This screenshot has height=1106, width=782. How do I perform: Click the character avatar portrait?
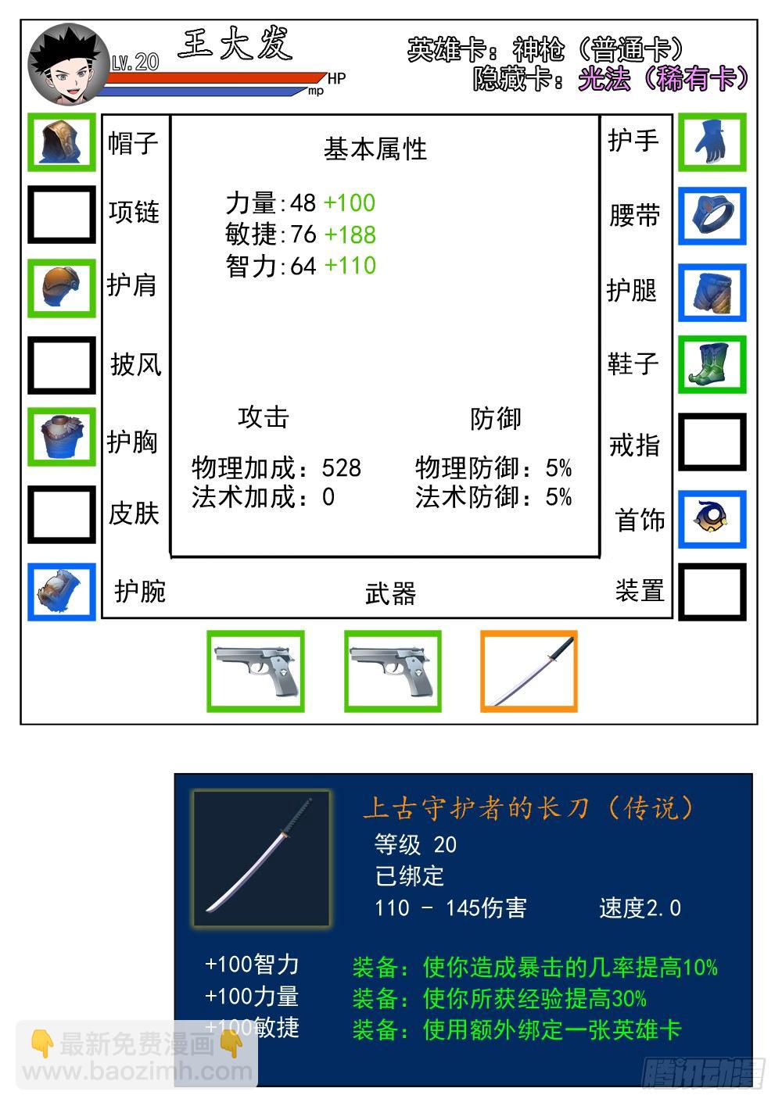69,66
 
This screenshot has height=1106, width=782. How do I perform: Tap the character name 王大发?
235,45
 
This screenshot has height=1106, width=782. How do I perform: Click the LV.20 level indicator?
135,63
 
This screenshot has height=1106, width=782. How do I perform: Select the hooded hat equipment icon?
62,142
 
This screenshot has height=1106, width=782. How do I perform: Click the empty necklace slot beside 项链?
62,214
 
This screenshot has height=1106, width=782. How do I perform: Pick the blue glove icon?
712,141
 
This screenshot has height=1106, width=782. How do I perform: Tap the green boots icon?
712,365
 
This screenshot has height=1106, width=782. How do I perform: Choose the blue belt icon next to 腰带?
712,216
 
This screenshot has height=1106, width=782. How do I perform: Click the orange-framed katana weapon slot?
529,671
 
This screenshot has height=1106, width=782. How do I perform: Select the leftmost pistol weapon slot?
255,671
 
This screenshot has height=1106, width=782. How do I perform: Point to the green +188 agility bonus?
350,234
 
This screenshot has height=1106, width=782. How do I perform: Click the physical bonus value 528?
341,467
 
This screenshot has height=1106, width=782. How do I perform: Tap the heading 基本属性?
375,149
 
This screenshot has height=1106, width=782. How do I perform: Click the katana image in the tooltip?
261,857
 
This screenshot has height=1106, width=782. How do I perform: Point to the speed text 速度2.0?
640,907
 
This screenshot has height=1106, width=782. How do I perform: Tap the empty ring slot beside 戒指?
712,442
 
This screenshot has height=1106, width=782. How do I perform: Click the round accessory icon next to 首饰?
712,519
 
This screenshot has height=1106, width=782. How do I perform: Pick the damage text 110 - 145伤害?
450,907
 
